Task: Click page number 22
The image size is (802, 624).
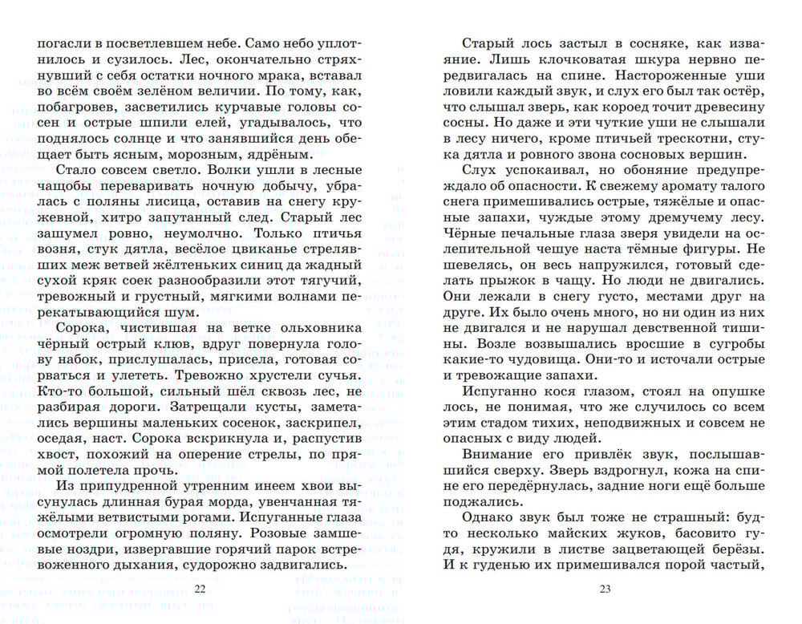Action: [x=200, y=590]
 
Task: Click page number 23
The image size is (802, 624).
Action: [x=605, y=590]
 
